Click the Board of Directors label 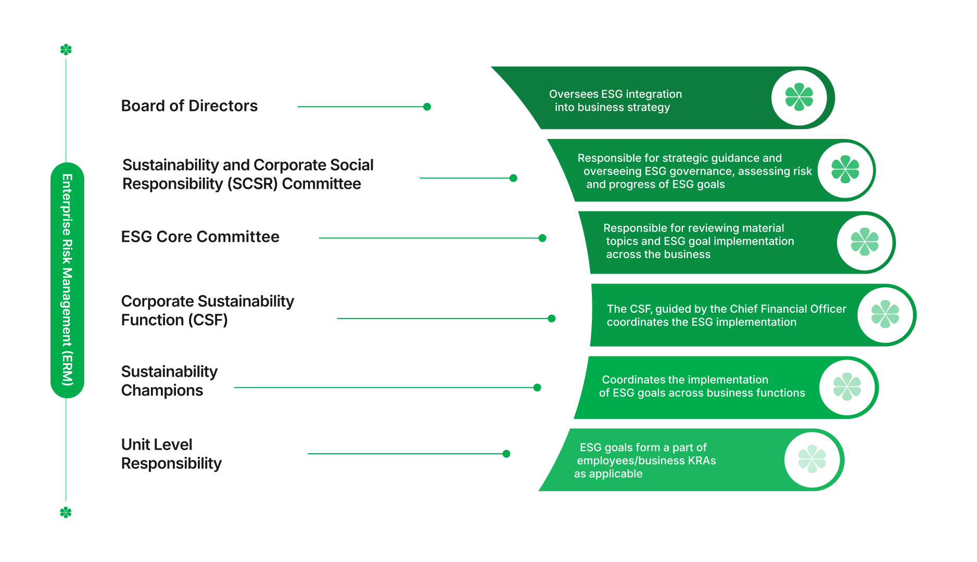pos(189,106)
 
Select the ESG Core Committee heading pos(200,237)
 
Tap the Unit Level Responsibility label pos(171,454)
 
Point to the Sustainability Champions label pos(169,381)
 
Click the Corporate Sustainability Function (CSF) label pos(207,311)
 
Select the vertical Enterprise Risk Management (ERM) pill pos(67,280)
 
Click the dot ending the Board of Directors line pos(427,107)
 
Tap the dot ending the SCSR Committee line pos(513,178)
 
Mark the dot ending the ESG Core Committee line pos(542,238)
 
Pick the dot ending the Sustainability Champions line pos(537,388)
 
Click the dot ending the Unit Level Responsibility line pos(506,454)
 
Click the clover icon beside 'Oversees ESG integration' pos(799,97)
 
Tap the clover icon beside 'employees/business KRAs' pos(812,459)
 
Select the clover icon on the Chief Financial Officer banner pos(885,314)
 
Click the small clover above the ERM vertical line pos(66,50)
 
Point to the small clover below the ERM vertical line pos(66,513)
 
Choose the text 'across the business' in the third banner pos(658,254)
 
